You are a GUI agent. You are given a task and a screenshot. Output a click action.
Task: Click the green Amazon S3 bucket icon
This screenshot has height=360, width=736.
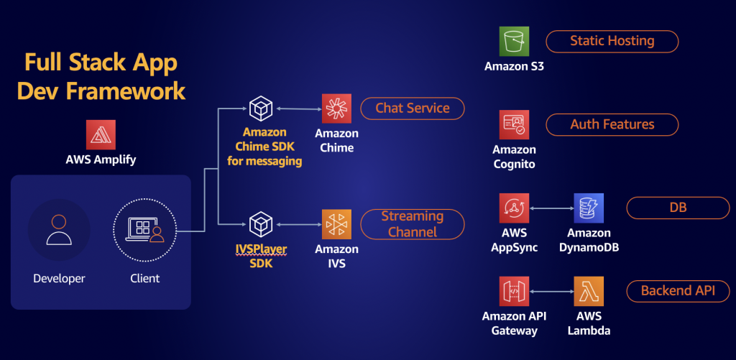pos(514,41)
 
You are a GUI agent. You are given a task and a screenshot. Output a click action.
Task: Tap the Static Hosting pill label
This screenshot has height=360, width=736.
pos(612,41)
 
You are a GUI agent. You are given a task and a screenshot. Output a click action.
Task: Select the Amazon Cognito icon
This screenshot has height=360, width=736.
pos(514,125)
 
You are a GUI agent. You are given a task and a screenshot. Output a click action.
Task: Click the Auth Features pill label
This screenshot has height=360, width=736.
pos(612,124)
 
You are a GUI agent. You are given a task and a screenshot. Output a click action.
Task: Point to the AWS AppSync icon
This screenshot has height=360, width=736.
pos(514,208)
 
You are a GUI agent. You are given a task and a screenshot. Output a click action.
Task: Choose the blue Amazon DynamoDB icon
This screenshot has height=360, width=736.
pos(589,208)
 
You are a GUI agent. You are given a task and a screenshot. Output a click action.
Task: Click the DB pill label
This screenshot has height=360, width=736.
pos(678,208)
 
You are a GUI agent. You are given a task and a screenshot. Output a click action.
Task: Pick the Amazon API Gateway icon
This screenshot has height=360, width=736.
pos(514,291)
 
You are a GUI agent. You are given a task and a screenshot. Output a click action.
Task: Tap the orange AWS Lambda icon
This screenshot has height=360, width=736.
pos(589,291)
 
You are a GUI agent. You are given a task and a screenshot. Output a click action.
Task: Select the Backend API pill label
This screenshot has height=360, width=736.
pos(678,291)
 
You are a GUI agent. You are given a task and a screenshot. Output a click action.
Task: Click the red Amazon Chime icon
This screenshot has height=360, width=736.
pos(336,109)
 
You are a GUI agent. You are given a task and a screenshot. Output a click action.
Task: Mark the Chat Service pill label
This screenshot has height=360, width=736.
pos(412,109)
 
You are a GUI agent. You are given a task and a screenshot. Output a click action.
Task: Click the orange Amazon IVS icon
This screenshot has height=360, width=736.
pos(336,224)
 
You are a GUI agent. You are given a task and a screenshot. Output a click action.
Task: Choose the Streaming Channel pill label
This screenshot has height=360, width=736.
pos(412,224)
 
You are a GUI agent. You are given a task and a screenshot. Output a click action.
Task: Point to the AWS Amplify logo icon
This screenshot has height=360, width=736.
pos(101,134)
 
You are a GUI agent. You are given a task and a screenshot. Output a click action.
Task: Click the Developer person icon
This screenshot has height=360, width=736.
pos(59,229)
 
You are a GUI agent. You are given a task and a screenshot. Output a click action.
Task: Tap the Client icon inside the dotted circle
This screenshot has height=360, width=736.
pos(144,229)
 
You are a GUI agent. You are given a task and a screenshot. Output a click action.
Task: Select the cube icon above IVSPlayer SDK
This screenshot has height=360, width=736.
pos(261,224)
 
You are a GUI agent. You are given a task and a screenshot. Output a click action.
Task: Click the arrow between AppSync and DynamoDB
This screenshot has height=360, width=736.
pos(551,208)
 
